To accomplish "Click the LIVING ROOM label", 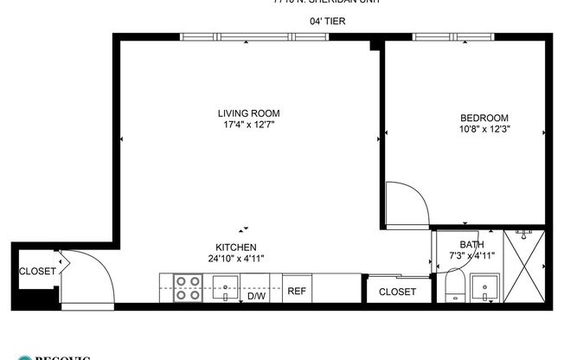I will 248,113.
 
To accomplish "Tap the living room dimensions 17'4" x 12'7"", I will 248,125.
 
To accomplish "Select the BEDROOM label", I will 484,119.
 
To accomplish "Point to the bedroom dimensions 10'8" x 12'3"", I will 484,130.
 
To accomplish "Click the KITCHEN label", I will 236,247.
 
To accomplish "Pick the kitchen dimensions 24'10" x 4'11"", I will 236,258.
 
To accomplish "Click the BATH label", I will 472,244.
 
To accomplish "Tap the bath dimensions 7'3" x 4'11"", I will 472,255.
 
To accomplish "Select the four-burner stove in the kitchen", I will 188,287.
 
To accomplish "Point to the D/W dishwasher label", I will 256,296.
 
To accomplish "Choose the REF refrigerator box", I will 296,291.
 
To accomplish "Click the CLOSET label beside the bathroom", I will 397,292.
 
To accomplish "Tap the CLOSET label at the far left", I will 37,271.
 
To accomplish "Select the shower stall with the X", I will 525,266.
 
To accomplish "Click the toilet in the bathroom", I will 455,287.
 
